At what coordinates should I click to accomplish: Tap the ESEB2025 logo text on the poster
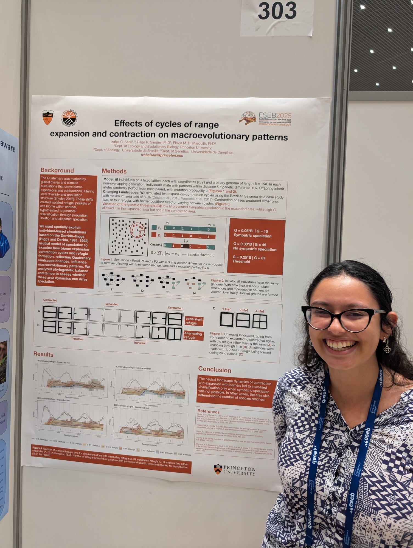pos(275,115)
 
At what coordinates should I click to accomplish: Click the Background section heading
pos(57,170)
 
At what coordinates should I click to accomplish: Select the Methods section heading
pos(114,171)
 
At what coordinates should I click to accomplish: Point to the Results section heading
pos(43,354)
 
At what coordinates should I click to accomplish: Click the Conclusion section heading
pos(215,370)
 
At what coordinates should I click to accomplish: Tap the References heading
pos(208,411)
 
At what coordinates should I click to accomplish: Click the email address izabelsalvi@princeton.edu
pos(162,155)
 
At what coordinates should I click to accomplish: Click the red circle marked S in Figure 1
pos(137,230)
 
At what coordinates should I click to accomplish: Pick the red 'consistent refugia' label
pos(194,321)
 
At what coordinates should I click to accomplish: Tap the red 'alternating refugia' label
pos(193,336)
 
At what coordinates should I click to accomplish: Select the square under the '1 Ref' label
pos(227,319)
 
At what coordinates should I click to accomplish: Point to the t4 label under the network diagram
pos(194,293)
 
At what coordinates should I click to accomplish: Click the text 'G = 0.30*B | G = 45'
pos(250,244)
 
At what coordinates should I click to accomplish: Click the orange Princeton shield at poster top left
pos(48,118)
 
